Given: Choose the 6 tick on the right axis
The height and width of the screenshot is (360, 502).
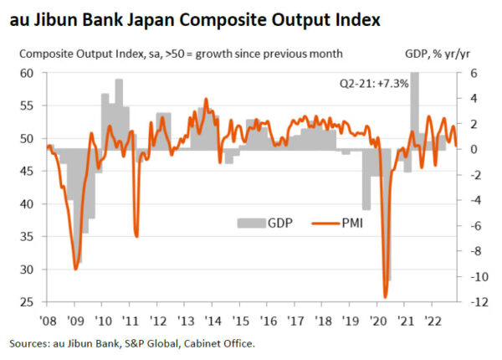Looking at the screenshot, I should (x=472, y=73).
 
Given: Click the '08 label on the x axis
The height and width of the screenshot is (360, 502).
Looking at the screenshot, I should (x=48, y=320).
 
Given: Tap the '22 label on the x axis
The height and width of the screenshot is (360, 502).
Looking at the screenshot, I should (x=433, y=320).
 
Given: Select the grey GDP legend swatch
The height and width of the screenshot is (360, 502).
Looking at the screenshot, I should (x=250, y=224).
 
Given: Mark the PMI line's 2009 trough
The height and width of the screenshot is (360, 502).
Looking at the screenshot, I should (x=76, y=269).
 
